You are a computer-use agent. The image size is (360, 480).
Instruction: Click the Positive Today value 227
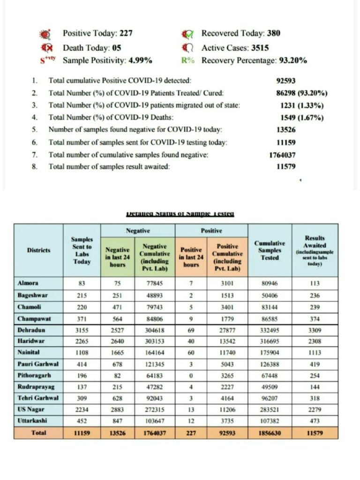click(x=126, y=33)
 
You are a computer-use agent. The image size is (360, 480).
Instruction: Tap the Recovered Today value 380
click(x=274, y=33)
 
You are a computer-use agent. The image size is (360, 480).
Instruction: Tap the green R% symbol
click(x=188, y=60)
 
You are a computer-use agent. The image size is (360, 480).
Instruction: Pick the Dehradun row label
click(x=31, y=331)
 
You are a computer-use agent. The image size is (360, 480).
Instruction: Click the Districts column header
click(x=38, y=251)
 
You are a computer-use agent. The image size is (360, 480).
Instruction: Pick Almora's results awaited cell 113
click(x=315, y=283)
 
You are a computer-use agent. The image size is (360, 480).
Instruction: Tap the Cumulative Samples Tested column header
click(x=269, y=251)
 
